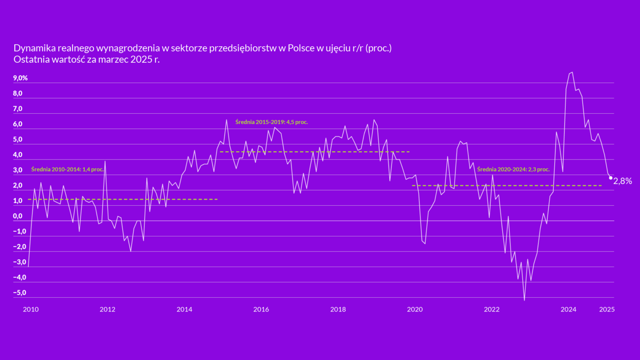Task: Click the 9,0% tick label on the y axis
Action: coord(20,78)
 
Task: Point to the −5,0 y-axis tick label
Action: coord(20,293)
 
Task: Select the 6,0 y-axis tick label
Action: coord(18,124)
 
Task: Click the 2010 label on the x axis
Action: coord(30,310)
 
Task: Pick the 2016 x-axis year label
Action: coord(261,310)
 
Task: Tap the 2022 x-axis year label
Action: coord(492,310)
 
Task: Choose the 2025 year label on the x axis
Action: coord(607,310)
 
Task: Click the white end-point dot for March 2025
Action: coord(611,178)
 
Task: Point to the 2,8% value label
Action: coord(623,181)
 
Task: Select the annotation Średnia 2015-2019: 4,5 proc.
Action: coord(272,121)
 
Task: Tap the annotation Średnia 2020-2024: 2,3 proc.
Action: coord(513,169)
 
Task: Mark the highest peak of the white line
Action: coord(572,72)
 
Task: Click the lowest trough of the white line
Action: coord(524,300)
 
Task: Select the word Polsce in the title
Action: coord(300,48)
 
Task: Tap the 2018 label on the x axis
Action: coord(338,310)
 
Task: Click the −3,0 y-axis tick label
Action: coord(20,262)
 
